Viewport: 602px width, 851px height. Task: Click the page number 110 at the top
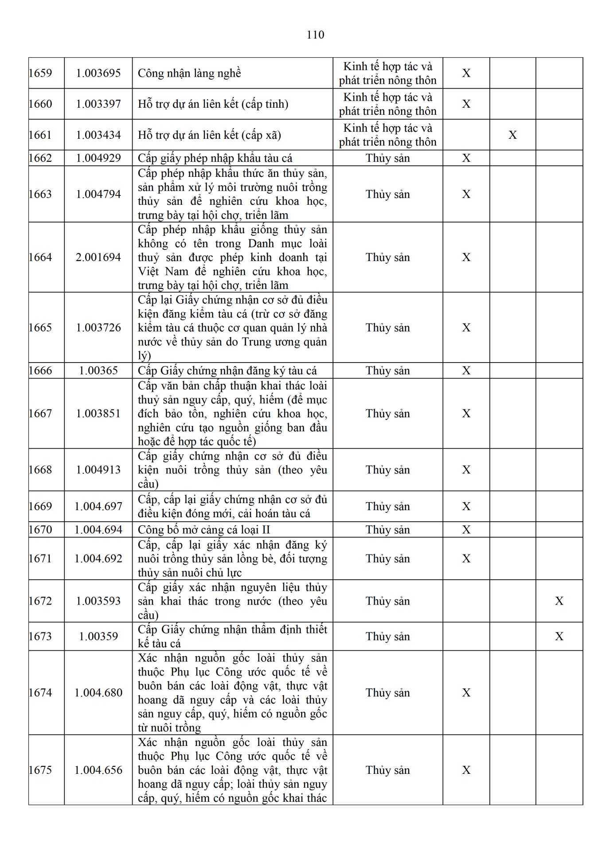tap(315, 35)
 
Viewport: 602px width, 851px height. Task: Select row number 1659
tap(40, 73)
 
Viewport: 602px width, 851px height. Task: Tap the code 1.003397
tap(98, 104)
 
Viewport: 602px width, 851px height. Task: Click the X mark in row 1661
tap(512, 135)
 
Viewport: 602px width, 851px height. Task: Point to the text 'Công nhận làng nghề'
tap(189, 73)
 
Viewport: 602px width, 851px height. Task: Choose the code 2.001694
tap(98, 257)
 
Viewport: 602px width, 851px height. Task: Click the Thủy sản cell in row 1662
tap(387, 158)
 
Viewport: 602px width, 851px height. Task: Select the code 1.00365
tap(98, 371)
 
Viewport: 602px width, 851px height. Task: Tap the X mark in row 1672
tap(559, 601)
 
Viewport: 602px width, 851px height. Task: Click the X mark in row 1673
tap(559, 636)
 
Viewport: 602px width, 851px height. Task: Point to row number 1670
tap(40, 530)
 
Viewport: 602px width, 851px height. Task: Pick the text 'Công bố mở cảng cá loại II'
tap(204, 530)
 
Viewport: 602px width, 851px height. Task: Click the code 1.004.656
tap(98, 770)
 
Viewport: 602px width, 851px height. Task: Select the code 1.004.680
tap(98, 693)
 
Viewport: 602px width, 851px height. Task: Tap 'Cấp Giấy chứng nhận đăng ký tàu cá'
tap(227, 371)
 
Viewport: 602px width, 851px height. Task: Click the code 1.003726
tap(98, 328)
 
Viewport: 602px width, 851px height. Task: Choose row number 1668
tap(40, 470)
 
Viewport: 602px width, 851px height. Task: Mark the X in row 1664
tap(466, 257)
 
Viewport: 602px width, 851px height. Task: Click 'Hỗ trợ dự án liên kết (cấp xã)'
tap(209, 135)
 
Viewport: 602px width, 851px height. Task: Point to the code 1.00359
tap(98, 636)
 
